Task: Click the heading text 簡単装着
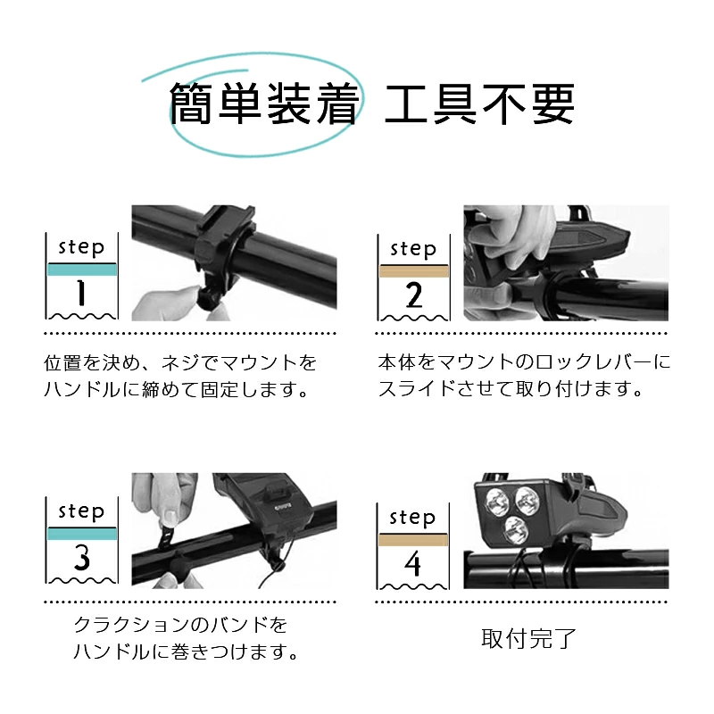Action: click(x=264, y=104)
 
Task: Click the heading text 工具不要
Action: click(x=479, y=104)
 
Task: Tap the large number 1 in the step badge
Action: click(x=81, y=293)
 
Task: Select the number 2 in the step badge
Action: click(x=414, y=295)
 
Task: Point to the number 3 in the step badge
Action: click(x=82, y=557)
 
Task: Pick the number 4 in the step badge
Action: click(x=412, y=564)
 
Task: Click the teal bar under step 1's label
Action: click(x=82, y=270)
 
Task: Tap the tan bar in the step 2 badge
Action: click(x=414, y=271)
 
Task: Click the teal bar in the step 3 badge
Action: click(x=82, y=534)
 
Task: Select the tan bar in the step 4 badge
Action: click(x=413, y=540)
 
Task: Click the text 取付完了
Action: click(x=529, y=638)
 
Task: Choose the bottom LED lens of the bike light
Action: click(x=517, y=531)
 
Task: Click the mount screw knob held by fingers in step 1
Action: click(x=208, y=299)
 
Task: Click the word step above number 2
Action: click(x=413, y=249)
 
